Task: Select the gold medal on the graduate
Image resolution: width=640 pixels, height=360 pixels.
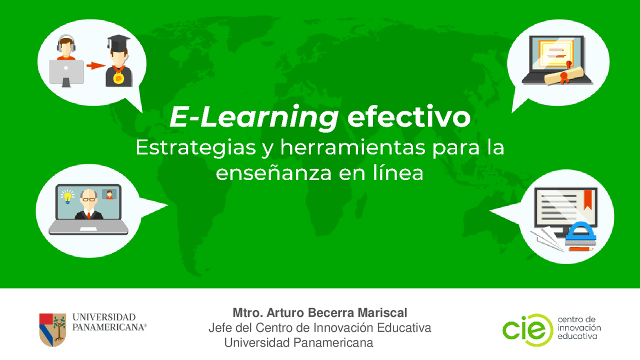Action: point(119,78)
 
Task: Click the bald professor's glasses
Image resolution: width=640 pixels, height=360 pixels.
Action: point(88,199)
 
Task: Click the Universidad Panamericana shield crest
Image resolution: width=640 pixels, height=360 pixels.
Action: point(52,329)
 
